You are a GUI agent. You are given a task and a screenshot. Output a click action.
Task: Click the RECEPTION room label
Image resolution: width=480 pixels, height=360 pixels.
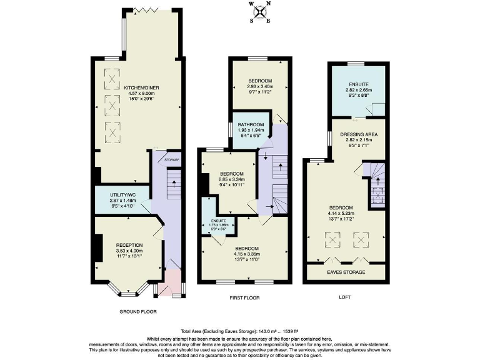click(129, 244)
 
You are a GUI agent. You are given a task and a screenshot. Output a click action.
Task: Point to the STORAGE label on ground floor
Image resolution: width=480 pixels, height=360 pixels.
click(171, 161)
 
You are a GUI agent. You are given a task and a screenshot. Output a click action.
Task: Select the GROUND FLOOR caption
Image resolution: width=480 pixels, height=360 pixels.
click(137, 311)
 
